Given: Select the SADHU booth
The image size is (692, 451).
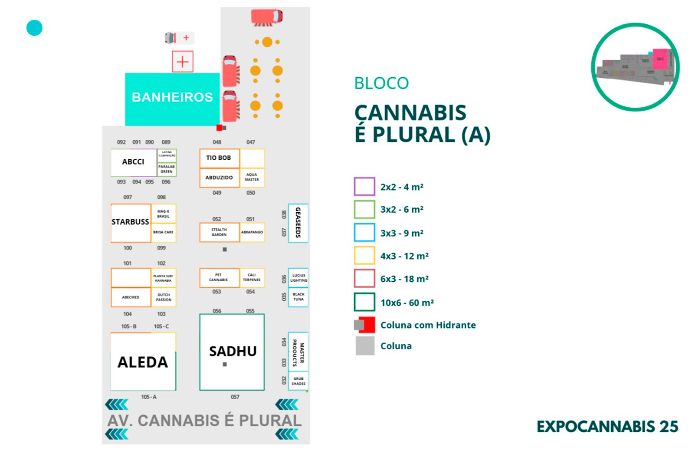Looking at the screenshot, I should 232,352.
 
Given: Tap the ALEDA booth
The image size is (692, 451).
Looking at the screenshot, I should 143,362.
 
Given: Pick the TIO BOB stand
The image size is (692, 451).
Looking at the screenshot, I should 219,158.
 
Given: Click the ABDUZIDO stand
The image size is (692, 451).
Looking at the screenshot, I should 219,178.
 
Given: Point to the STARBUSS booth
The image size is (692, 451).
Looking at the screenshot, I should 131,222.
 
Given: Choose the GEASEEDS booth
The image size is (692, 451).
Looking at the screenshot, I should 298,223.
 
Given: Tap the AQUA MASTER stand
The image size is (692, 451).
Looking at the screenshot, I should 252,177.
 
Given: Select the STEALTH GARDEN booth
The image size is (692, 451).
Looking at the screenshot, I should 219,232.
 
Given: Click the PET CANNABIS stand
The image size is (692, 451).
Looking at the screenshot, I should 219,277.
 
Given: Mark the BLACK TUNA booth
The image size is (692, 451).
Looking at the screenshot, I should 298,297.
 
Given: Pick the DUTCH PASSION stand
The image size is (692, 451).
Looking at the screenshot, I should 164,297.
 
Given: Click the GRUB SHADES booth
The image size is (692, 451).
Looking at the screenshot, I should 298,381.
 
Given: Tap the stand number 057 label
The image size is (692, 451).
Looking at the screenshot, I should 235,397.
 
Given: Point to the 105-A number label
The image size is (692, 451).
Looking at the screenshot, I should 149,397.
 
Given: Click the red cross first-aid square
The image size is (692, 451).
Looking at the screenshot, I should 183,62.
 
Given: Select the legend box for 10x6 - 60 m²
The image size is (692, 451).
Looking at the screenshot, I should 364,302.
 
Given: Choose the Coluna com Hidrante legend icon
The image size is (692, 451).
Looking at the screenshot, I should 364,325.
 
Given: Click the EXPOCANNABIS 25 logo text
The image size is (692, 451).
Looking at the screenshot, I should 607,427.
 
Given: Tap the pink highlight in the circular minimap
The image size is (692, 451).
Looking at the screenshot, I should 660,59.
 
